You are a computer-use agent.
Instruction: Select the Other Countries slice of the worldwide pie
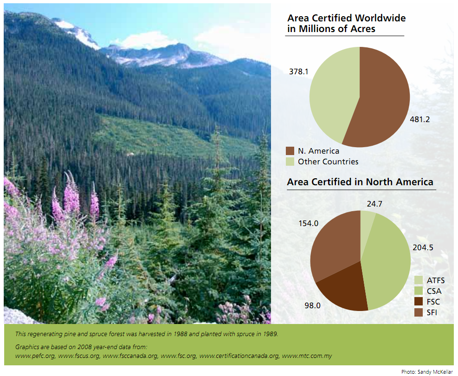point(332,93)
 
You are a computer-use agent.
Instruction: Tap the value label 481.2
point(420,119)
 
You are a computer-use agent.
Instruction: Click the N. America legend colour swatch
point(290,151)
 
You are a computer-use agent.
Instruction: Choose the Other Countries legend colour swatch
point(290,162)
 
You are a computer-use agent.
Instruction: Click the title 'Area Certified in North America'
point(360,182)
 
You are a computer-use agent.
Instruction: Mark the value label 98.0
point(299,306)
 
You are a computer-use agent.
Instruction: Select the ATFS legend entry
point(429,280)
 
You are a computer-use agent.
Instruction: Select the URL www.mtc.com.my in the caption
point(307,356)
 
